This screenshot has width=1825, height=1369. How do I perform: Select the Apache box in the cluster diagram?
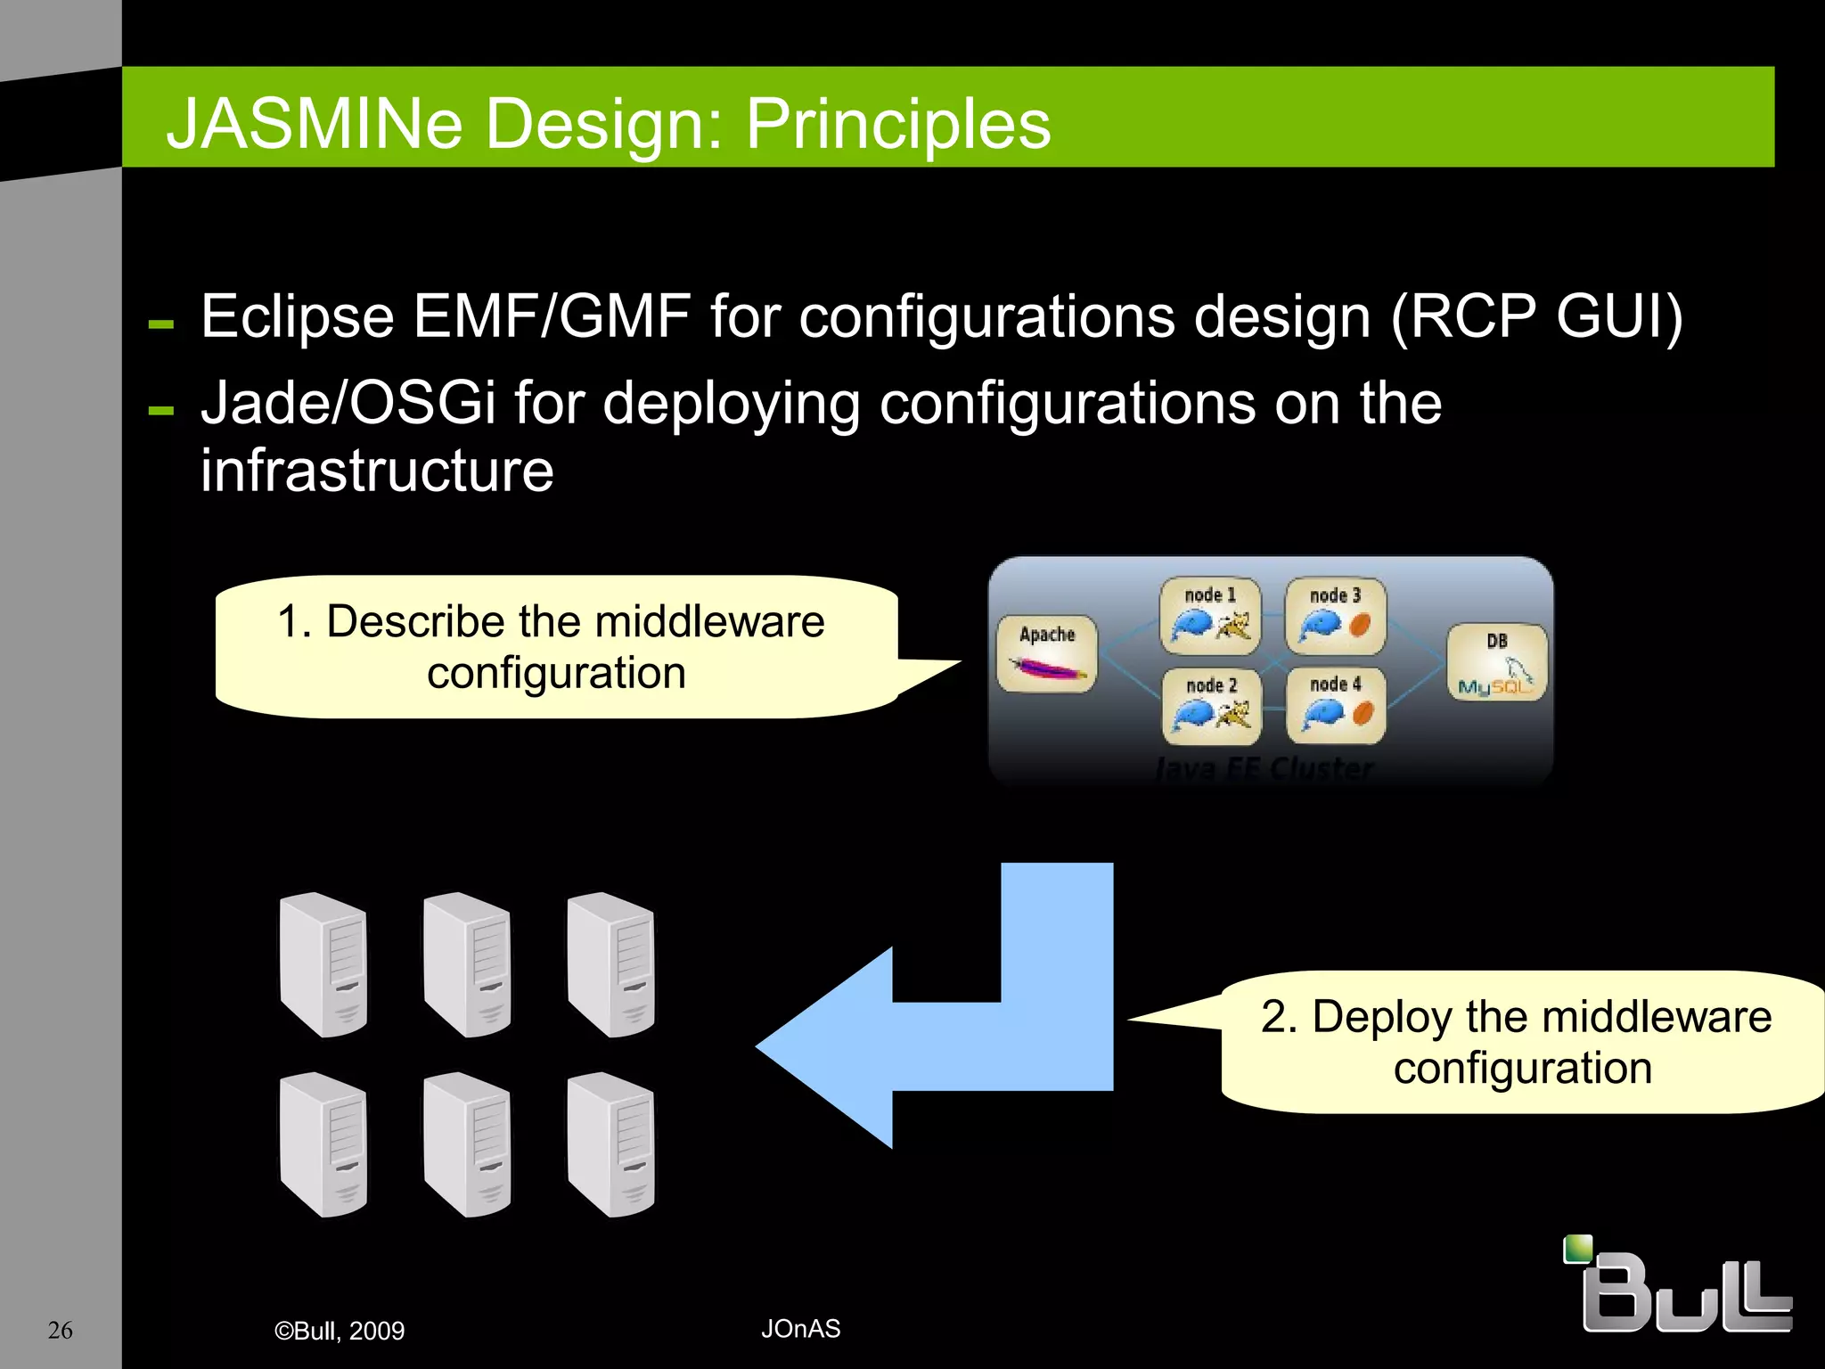(x=1046, y=653)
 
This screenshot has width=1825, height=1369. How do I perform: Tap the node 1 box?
(x=1210, y=615)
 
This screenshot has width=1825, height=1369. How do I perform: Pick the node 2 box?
(x=1211, y=706)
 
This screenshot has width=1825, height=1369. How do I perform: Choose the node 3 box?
(x=1335, y=615)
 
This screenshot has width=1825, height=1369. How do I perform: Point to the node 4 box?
(x=1335, y=705)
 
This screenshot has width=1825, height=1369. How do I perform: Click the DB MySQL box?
(x=1496, y=662)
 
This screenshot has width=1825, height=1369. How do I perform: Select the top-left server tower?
(x=323, y=964)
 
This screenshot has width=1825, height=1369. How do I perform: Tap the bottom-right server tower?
(x=611, y=1144)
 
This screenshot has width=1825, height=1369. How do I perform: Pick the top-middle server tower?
(x=467, y=964)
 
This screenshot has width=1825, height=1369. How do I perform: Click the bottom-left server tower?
(x=323, y=1144)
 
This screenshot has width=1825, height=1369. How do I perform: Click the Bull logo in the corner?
(x=1678, y=1285)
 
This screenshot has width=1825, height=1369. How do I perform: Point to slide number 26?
(x=60, y=1330)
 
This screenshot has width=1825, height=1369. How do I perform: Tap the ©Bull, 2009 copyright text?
(x=340, y=1331)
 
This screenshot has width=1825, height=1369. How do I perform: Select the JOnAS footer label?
(x=800, y=1329)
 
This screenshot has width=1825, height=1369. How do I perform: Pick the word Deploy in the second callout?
(x=1381, y=1017)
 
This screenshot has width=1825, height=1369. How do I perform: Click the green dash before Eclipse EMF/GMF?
(x=161, y=324)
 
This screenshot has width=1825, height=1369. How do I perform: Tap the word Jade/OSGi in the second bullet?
(x=348, y=403)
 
